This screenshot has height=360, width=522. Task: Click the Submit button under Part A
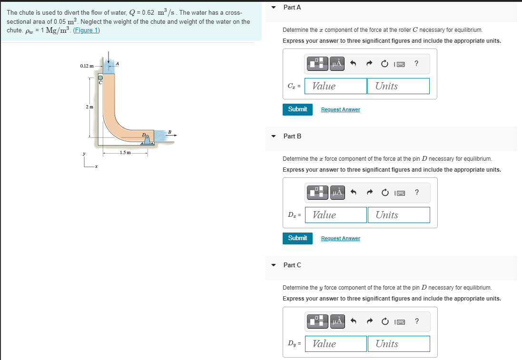(297, 109)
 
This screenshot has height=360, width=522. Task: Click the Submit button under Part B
(297, 238)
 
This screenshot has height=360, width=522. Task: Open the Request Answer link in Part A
(340, 110)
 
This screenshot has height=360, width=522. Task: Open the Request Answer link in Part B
(340, 239)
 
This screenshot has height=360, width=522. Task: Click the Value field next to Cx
(335, 86)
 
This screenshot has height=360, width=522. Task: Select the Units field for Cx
(398, 86)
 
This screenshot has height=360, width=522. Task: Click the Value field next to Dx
(336, 215)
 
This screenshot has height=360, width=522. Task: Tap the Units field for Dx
(399, 215)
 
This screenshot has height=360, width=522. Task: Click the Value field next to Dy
(336, 344)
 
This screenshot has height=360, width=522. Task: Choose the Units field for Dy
(399, 344)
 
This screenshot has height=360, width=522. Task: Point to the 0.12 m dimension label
(87, 66)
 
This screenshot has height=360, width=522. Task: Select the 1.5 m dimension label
(126, 153)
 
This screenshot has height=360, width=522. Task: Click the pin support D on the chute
(148, 139)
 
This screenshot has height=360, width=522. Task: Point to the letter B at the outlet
(169, 131)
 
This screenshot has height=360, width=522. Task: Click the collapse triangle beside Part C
(273, 265)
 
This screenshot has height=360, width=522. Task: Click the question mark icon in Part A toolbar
(417, 63)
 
